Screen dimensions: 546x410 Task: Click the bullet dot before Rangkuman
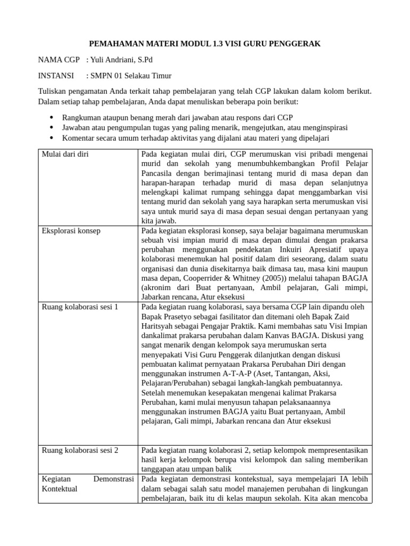(x=51, y=117)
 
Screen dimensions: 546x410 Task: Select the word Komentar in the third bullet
(x=79, y=138)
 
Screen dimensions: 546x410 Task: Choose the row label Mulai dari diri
(x=65, y=155)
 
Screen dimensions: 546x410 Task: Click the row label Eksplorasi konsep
(x=70, y=231)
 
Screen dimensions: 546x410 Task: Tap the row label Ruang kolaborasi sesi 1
(x=80, y=307)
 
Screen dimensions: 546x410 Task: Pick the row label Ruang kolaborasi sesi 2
(x=80, y=450)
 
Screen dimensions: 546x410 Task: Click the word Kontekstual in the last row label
(x=59, y=488)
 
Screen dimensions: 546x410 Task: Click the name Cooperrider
(x=214, y=278)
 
